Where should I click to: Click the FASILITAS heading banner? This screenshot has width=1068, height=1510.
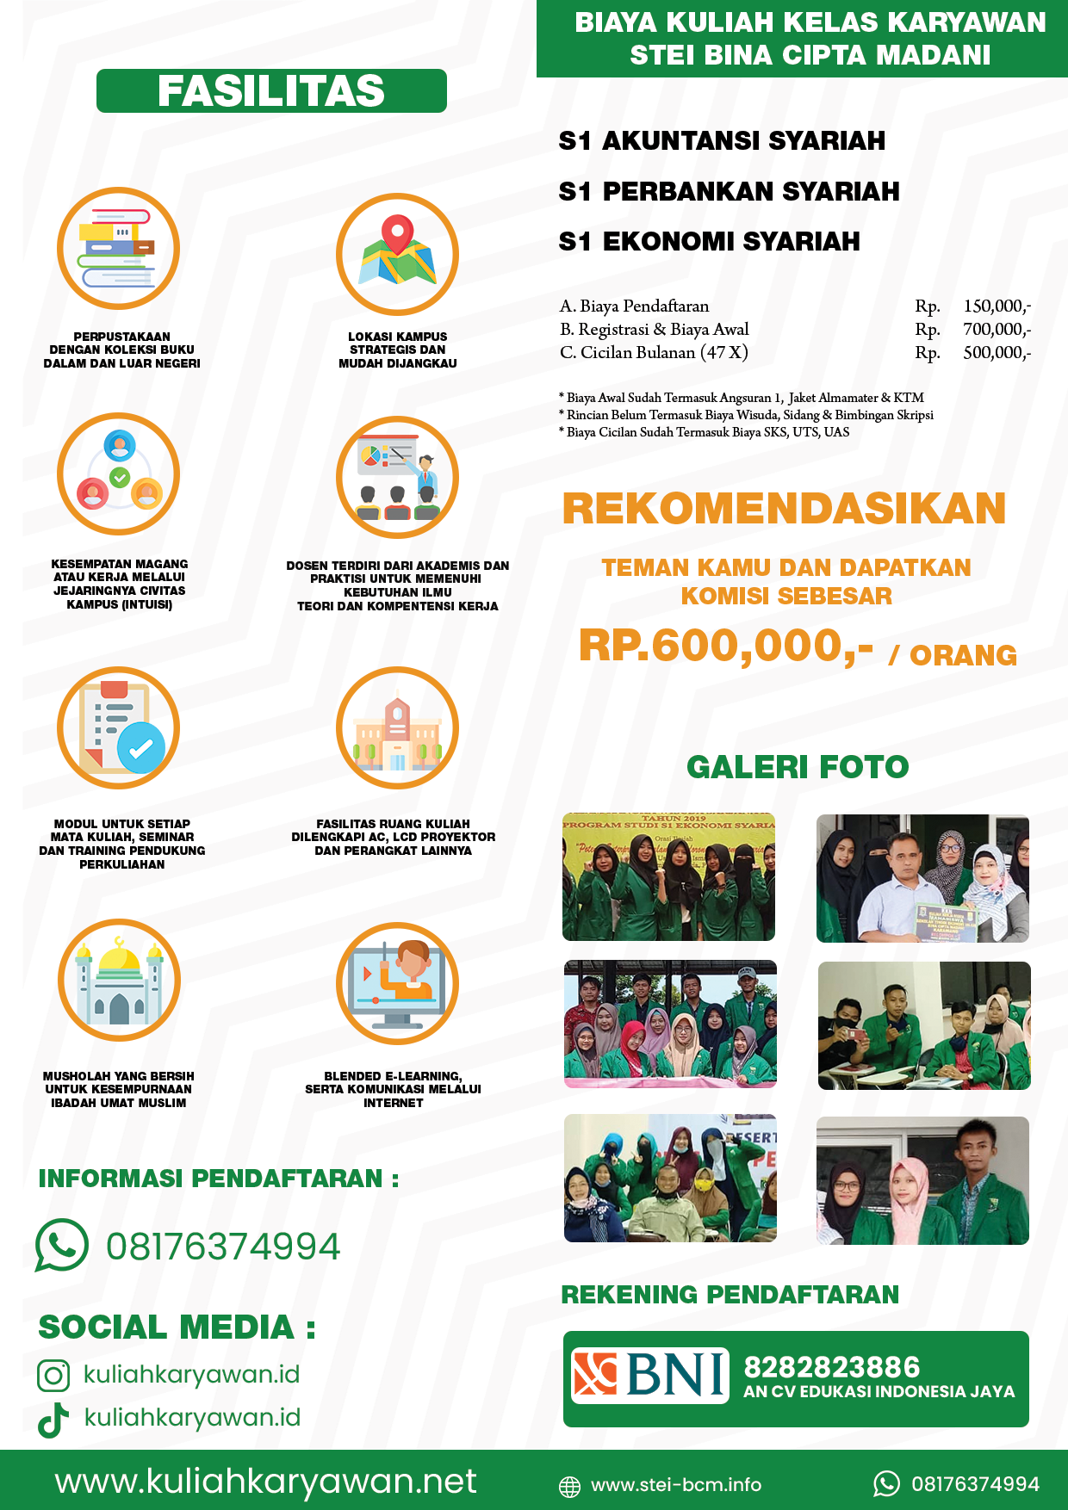[271, 91]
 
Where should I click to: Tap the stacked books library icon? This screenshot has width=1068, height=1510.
[118, 248]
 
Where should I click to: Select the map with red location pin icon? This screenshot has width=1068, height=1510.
[397, 253]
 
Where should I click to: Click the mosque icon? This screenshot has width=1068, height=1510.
[119, 980]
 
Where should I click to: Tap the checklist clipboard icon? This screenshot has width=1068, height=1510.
[119, 728]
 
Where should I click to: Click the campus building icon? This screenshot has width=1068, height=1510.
[397, 728]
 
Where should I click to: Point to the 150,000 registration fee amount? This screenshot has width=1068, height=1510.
[997, 306]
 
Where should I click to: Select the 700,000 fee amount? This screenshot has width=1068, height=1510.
[997, 329]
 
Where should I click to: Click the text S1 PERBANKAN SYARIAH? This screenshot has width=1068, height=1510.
[729, 191]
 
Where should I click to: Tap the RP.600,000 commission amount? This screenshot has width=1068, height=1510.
[725, 646]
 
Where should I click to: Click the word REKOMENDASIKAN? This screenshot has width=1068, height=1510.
[784, 508]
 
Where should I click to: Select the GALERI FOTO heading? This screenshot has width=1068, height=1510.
[798, 766]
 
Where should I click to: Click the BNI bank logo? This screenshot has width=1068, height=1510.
[650, 1375]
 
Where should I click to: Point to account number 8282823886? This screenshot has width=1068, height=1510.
[831, 1367]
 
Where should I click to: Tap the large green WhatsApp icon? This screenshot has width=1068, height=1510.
[61, 1246]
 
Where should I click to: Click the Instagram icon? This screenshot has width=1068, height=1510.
[53, 1375]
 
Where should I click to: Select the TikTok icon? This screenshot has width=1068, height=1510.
[53, 1420]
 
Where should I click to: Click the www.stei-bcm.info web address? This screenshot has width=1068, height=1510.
[676, 1484]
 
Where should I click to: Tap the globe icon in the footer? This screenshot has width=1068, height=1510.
[569, 1486]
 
